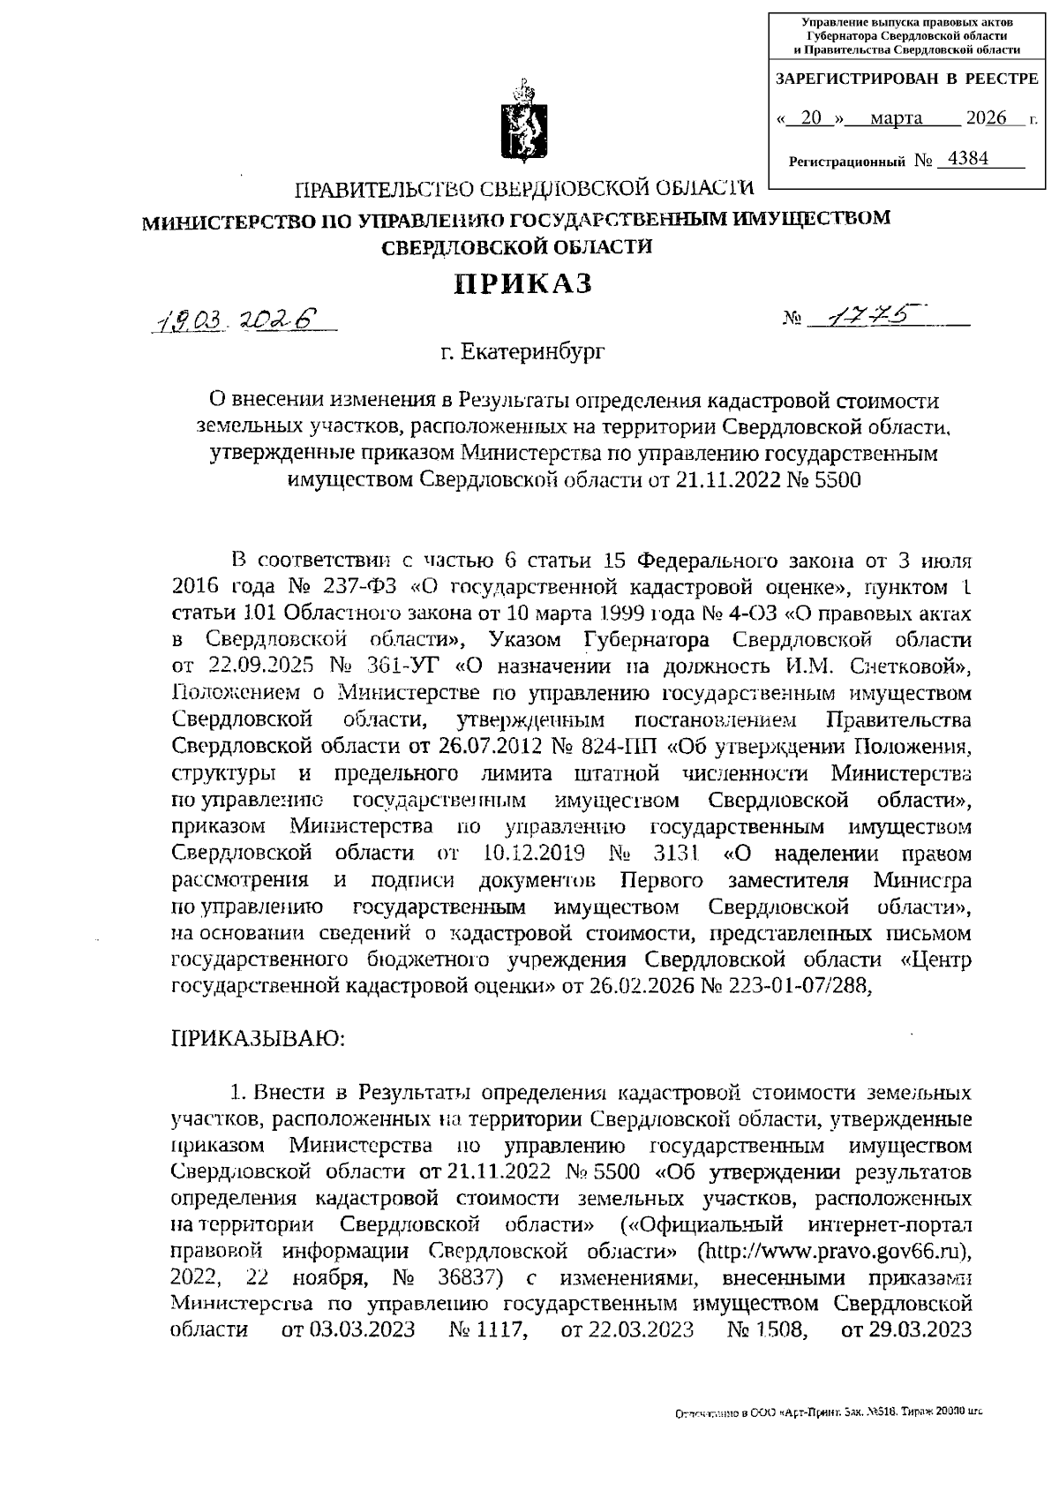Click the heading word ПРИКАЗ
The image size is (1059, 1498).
[522, 283]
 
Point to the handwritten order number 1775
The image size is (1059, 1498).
[869, 318]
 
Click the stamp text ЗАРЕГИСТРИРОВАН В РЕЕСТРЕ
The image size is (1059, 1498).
[906, 79]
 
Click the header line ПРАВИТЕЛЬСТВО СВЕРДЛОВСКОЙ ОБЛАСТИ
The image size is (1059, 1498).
[524, 189]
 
